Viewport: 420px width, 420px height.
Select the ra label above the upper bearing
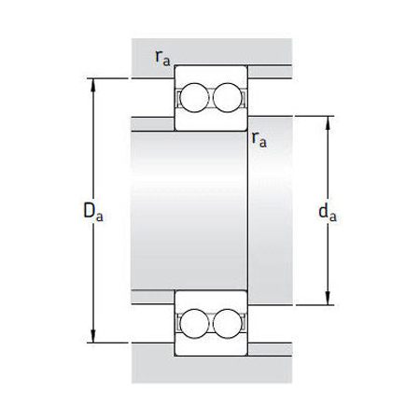click(x=162, y=57)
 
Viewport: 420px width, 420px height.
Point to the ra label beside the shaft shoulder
click(x=259, y=140)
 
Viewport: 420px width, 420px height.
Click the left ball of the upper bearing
click(x=194, y=97)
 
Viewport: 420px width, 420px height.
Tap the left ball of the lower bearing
click(x=194, y=323)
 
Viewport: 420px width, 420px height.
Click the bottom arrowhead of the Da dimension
click(x=93, y=338)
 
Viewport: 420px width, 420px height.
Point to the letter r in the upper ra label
click(x=159, y=56)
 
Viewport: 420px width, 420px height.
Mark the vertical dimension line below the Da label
click(x=93, y=280)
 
